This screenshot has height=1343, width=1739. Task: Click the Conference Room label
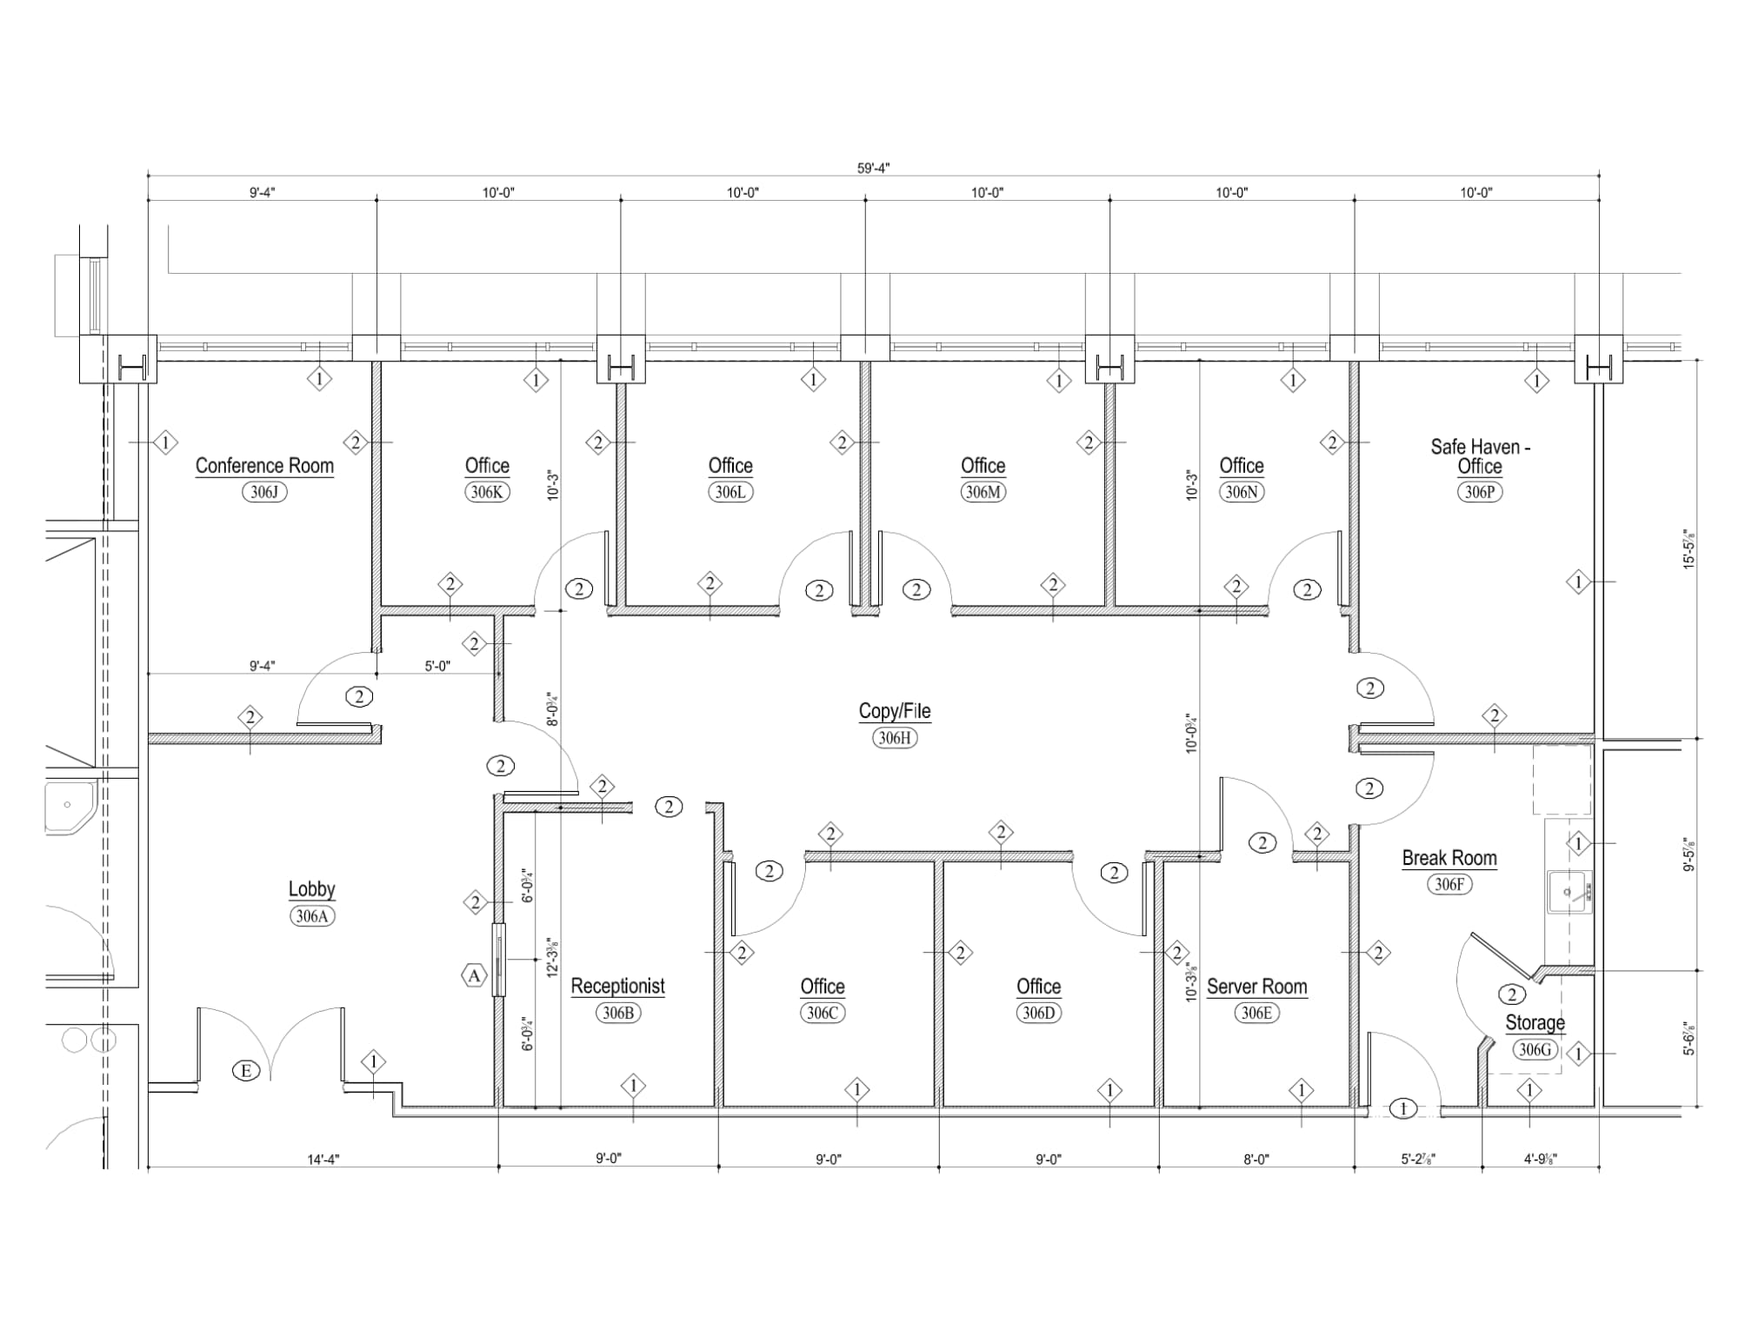pos(264,466)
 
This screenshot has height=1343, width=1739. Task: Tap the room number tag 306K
pos(487,492)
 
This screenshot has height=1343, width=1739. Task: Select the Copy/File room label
pos(895,711)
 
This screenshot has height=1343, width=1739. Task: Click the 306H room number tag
pos(895,738)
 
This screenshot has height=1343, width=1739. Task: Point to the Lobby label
pos(311,889)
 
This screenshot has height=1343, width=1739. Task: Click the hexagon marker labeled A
pos(474,976)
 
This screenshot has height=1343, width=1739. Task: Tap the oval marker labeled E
pos(246,1071)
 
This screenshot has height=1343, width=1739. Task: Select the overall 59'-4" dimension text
pos(873,169)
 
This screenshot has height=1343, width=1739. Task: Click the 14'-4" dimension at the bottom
pos(323,1159)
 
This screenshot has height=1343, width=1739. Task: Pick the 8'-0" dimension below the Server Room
pos(1256,1159)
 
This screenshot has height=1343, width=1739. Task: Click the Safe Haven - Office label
pos(1480,456)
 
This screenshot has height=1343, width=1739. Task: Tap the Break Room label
pos(1449,858)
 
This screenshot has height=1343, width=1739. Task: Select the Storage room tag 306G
pos(1534,1050)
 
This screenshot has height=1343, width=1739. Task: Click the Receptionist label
pos(617,986)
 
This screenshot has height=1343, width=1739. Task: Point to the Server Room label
pos(1256,987)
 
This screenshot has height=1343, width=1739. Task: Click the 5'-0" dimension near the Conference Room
pos(437,667)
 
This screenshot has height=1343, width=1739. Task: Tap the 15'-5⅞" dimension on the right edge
pos(1689,549)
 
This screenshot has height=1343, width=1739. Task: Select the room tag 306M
pos(983,492)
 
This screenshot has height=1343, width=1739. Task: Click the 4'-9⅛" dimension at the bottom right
pos(1540,1159)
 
